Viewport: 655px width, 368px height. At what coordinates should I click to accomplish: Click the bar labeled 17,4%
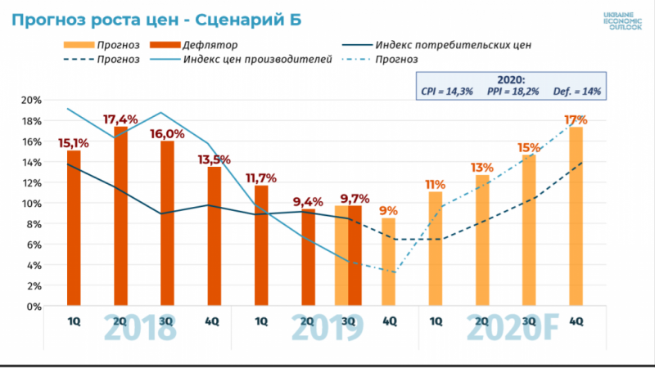point(120,217)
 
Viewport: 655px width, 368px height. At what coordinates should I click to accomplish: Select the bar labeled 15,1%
point(74,228)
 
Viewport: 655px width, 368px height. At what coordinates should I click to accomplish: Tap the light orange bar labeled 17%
point(576,217)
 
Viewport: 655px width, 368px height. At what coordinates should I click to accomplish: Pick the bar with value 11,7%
point(261,245)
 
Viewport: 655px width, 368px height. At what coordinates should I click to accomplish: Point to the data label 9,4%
point(308,201)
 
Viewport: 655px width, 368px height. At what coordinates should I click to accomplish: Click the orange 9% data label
point(389,209)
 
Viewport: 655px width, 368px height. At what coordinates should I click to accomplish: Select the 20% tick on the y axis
point(33,100)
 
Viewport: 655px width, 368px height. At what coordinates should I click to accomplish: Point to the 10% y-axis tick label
point(33,203)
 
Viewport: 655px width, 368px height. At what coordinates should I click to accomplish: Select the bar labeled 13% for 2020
point(481,240)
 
